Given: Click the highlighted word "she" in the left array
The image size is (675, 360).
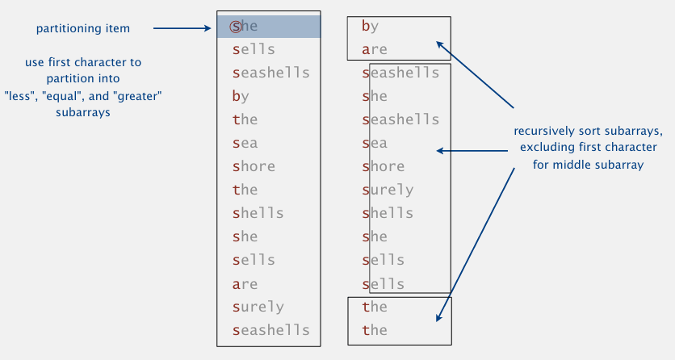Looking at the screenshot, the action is pyautogui.click(x=244, y=27).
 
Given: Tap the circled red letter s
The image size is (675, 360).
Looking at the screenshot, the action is pyautogui.click(x=236, y=27).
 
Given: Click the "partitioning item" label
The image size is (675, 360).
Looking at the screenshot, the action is pyautogui.click(x=83, y=28).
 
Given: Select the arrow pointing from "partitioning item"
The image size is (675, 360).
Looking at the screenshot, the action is pyautogui.click(x=182, y=28).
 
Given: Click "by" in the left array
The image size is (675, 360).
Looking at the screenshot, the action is pyautogui.click(x=241, y=96).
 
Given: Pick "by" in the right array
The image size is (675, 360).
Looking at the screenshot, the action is pyautogui.click(x=371, y=27).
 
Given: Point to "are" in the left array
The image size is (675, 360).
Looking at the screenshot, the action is pyautogui.click(x=245, y=284).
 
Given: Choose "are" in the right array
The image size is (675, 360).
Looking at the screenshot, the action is pyautogui.click(x=375, y=49).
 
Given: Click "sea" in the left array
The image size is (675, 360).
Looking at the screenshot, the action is pyautogui.click(x=245, y=143).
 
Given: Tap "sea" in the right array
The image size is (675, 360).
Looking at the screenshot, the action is pyautogui.click(x=375, y=143).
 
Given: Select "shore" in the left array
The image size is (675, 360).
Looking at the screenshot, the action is pyautogui.click(x=254, y=166).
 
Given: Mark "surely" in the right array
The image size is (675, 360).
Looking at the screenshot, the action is pyautogui.click(x=388, y=190).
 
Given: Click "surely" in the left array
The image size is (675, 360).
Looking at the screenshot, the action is pyautogui.click(x=258, y=307).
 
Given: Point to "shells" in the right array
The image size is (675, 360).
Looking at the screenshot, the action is pyautogui.click(x=388, y=213).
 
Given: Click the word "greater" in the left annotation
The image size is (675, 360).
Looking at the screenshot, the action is pyautogui.click(x=137, y=96).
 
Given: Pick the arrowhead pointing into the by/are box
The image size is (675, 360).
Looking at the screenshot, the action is pyautogui.click(x=440, y=44).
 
